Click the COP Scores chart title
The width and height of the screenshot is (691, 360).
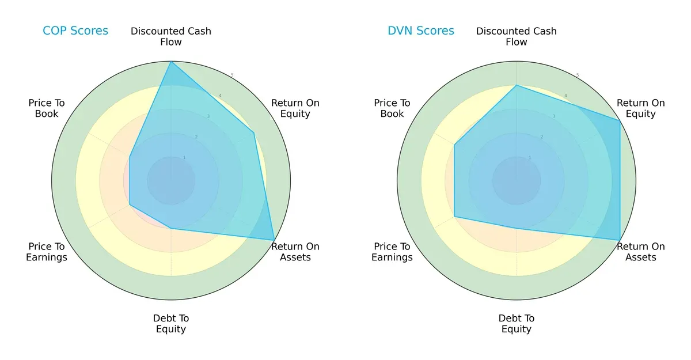(x=75, y=31)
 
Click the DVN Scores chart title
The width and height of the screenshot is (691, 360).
(x=421, y=31)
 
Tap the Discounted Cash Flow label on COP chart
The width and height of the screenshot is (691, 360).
(x=171, y=36)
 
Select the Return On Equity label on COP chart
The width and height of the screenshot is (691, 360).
(x=295, y=108)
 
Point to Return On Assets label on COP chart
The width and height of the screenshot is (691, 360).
(x=295, y=252)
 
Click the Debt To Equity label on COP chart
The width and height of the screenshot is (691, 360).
(x=171, y=324)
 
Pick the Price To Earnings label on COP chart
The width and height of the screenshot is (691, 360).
(x=47, y=252)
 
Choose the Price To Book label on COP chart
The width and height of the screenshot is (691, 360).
(x=47, y=108)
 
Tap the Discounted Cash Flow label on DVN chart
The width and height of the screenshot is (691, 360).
(x=517, y=36)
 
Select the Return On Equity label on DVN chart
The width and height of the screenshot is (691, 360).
(x=641, y=108)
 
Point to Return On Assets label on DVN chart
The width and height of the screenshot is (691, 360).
(x=641, y=252)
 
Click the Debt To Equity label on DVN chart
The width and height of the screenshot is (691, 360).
(x=517, y=324)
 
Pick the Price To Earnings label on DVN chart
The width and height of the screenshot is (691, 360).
(x=392, y=252)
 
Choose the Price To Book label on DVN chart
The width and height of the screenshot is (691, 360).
(x=392, y=108)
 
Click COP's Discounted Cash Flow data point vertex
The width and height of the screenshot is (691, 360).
(x=171, y=62)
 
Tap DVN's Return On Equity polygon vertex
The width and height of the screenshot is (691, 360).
(x=620, y=121)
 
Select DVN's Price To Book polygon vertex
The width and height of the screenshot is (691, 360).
(x=455, y=145)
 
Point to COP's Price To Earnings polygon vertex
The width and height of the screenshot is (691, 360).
(x=130, y=204)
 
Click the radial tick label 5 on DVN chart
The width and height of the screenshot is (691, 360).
(x=578, y=75)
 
